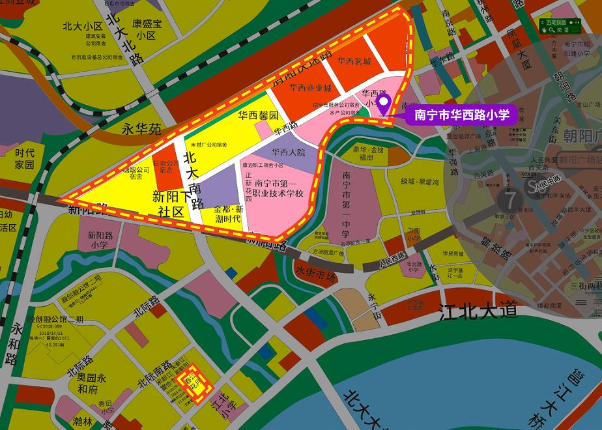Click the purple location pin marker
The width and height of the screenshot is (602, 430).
point(384,103)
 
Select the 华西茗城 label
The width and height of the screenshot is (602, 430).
point(354,62)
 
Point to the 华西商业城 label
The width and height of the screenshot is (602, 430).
point(311,88)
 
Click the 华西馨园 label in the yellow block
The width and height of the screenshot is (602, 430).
point(258,115)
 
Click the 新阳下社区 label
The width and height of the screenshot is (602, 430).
point(173,203)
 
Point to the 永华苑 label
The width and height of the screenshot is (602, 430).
point(141,129)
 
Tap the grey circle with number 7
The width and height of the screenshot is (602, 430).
point(508,199)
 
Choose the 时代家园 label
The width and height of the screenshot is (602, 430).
point(24,158)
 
